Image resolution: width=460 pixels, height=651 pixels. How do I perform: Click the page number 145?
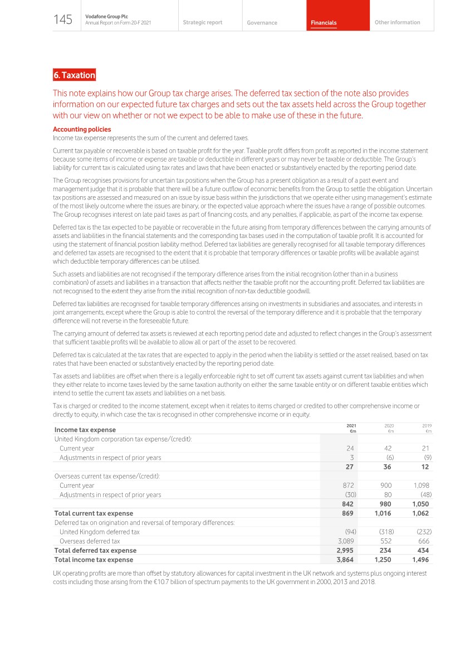coord(63,20)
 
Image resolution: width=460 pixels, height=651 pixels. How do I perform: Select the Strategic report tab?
coord(202,22)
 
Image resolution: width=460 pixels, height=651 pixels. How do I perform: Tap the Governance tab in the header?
coord(262,23)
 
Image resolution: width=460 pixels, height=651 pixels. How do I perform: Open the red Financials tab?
coord(324,23)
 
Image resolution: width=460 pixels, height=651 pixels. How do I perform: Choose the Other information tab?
coord(397,22)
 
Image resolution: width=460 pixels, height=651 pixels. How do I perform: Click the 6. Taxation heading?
coord(75,75)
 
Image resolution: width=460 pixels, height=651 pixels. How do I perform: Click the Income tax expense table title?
coord(85,430)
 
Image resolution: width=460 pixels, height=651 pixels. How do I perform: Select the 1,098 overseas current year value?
coord(420,485)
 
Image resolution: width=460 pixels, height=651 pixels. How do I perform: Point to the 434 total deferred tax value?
coord(423,550)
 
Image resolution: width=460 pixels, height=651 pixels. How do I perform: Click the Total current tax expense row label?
coord(94,513)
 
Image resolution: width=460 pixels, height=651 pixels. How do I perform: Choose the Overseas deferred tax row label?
coord(90,541)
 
